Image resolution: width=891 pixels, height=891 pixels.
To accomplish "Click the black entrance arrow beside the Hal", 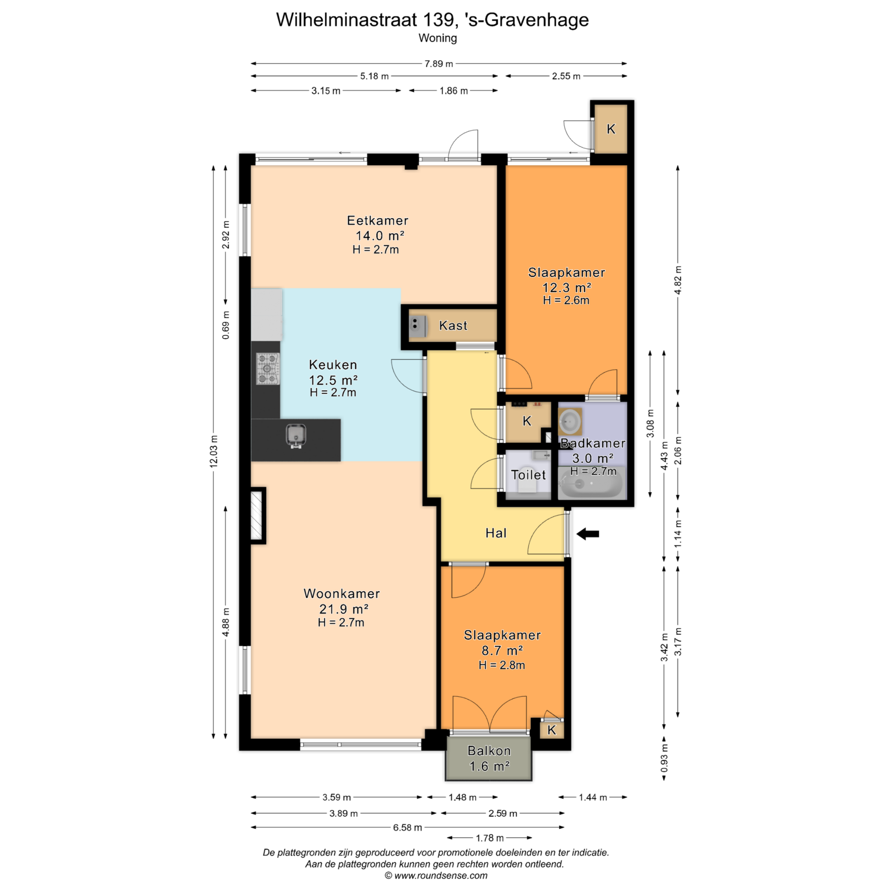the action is click(588, 534).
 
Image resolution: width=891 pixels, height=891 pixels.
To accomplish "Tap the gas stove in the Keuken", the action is click(268, 369).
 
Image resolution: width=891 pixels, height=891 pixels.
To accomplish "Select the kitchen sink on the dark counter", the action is click(296, 436).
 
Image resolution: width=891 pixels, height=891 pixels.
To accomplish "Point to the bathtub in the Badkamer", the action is click(591, 483).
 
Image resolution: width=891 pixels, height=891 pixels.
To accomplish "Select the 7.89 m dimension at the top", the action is click(439, 64).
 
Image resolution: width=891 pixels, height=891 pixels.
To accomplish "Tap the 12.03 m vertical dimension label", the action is click(213, 451).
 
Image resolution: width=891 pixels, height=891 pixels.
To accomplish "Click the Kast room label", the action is click(453, 325).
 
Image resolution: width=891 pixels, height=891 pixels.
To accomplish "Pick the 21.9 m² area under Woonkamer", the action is click(344, 608).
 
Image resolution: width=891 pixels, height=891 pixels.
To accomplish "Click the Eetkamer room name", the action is click(378, 220).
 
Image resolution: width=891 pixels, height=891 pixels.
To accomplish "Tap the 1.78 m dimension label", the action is click(490, 838).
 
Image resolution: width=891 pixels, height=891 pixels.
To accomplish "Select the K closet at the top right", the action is click(611, 129).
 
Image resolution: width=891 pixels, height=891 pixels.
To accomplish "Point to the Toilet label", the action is click(528, 475).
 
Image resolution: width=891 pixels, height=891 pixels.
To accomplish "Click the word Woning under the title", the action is click(438, 38).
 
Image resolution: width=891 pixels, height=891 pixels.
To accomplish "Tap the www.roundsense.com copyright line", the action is click(436, 876).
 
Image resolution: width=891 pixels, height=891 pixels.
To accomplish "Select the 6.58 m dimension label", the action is click(407, 827).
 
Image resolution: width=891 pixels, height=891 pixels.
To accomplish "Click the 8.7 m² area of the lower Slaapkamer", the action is click(502, 650).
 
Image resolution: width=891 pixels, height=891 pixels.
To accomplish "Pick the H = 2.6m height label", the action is click(566, 300).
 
